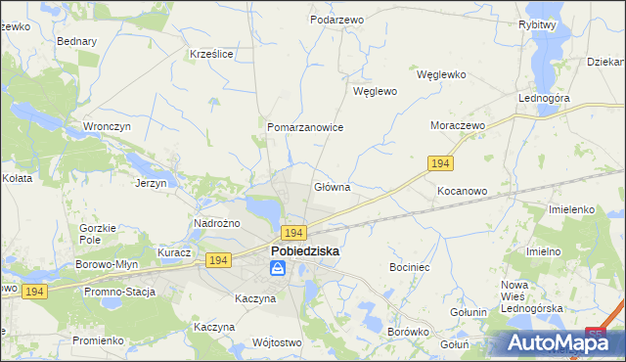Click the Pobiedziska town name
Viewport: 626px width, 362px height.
(304, 251)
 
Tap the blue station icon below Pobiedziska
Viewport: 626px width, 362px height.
(279, 267)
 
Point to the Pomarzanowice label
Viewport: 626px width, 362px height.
(305, 127)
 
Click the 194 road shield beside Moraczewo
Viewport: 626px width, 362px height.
(440, 162)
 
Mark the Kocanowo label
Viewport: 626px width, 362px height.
(462, 191)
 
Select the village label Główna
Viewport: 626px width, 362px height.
(332, 186)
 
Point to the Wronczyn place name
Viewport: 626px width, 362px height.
(108, 127)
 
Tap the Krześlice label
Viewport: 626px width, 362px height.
(211, 54)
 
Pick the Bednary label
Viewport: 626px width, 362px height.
(77, 42)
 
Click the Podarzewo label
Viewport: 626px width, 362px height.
(336, 20)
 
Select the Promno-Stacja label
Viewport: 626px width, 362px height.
(119, 292)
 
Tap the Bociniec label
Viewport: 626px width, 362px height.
(410, 266)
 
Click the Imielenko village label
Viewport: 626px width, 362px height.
(572, 209)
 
